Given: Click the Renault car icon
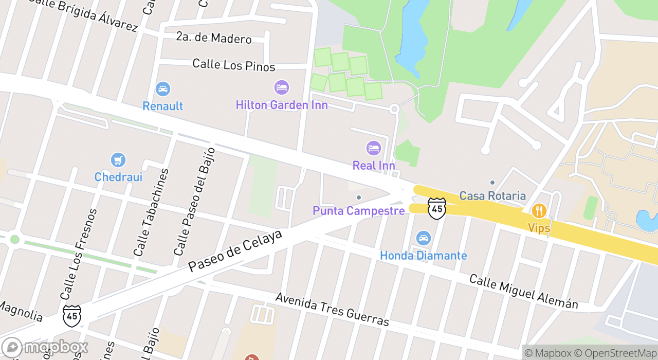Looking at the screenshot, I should click(x=163, y=89).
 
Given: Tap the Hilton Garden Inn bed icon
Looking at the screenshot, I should click(x=281, y=87).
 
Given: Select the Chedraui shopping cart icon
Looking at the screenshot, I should click(x=118, y=160).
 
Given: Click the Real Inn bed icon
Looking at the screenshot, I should click(x=374, y=149).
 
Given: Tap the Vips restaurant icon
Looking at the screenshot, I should click(x=539, y=210).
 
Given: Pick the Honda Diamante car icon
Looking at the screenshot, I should click(x=424, y=239).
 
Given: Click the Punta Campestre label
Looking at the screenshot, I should click(x=358, y=211).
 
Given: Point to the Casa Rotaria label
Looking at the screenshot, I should click(x=492, y=195).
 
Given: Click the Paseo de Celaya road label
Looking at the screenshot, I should click(x=235, y=251).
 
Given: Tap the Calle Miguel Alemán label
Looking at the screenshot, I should click(x=523, y=292).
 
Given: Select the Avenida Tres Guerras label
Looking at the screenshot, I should click(x=332, y=310).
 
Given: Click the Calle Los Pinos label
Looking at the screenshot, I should click(x=233, y=65).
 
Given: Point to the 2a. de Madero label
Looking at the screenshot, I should click(x=213, y=39).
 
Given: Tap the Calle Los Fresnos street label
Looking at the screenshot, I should click(x=79, y=254).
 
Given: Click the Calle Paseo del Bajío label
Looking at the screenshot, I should click(x=194, y=202).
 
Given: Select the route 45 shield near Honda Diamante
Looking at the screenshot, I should click(x=436, y=208).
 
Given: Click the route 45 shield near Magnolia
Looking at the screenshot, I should click(x=72, y=315).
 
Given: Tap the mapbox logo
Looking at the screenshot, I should click(x=45, y=347).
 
